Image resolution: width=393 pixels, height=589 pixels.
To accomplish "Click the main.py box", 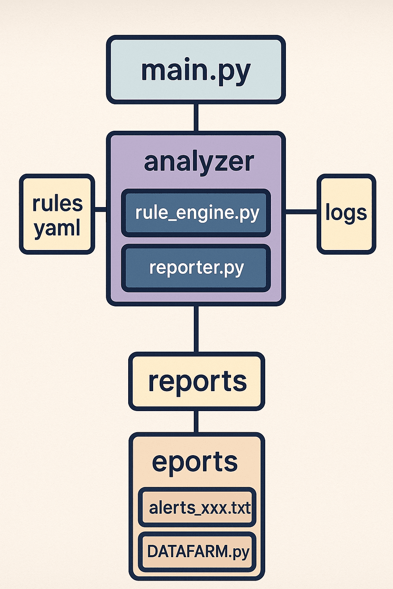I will coord(196,70).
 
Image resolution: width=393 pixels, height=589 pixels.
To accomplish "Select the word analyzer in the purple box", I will coord(199,162).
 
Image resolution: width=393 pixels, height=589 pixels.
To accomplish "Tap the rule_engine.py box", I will coord(196,213).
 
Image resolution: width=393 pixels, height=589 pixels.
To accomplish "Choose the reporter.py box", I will coord(196,268).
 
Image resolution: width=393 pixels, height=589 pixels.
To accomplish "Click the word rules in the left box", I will coord(58,203).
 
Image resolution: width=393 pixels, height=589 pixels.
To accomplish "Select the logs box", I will coord(346,214).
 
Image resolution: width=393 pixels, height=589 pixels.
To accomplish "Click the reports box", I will coord(197,381).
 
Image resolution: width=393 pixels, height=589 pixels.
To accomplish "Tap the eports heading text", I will coord(195,462).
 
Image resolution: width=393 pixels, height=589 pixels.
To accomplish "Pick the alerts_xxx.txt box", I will coord(197,508).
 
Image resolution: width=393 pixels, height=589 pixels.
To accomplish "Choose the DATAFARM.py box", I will coord(197,552).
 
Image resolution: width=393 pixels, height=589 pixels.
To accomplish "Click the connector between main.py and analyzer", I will coord(196,118).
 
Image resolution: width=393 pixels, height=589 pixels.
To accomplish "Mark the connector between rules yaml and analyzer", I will coord(101,209).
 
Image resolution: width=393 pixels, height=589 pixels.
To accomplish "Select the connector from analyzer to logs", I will coord(301,211).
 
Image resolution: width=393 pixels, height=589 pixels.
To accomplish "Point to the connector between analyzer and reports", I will coord(196,329).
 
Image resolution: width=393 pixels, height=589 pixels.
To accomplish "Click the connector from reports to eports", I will coord(196,421).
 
